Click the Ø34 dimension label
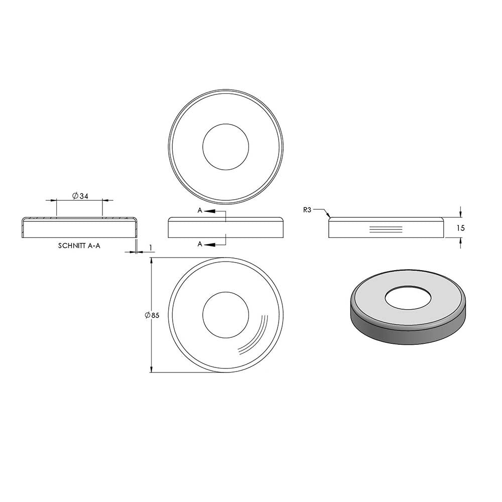[x=80, y=196]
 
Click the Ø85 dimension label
[x=152, y=315]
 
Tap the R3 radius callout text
[x=307, y=210]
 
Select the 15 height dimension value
[x=461, y=228]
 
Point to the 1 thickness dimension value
[x=151, y=247]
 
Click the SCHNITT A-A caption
[x=79, y=246]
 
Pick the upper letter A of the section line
[x=200, y=210]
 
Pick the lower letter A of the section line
[x=200, y=244]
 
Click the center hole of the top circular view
[x=226, y=147]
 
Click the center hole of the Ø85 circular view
[x=226, y=315]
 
